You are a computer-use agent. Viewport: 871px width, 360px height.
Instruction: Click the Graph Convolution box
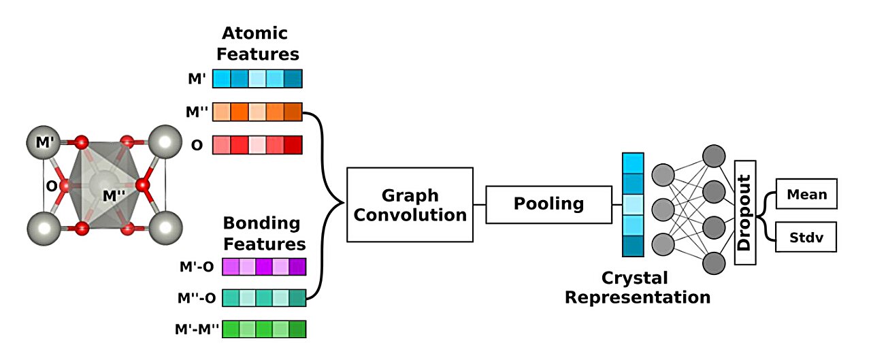click(x=410, y=205)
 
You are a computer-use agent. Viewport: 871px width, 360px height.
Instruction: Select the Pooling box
click(x=548, y=204)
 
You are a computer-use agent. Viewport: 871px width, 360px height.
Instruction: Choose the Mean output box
click(x=806, y=194)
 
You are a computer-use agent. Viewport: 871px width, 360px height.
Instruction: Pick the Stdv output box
click(x=806, y=238)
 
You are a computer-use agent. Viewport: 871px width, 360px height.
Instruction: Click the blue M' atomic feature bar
click(x=257, y=79)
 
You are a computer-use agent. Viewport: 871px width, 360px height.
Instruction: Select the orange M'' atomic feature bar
click(x=257, y=112)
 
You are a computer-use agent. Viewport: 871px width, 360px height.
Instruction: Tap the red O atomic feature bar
click(x=257, y=145)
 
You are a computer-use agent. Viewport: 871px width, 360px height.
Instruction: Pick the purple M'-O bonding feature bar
click(x=261, y=267)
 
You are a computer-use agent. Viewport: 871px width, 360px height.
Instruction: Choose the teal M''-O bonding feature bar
click(x=261, y=297)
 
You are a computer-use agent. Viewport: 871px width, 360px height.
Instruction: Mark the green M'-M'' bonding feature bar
click(x=261, y=329)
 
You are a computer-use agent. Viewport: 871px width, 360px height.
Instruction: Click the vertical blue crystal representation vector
click(x=633, y=204)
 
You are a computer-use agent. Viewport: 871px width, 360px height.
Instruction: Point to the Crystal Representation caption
click(x=638, y=287)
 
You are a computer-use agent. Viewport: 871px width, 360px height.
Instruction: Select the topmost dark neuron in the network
click(x=714, y=155)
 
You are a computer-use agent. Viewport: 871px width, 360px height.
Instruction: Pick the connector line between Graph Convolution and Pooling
click(x=479, y=204)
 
